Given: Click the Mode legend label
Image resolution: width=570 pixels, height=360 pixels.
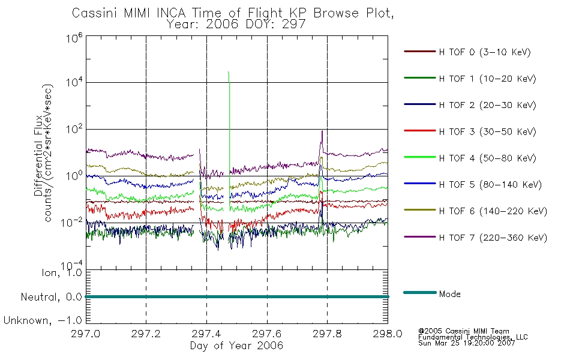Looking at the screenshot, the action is click(449, 294).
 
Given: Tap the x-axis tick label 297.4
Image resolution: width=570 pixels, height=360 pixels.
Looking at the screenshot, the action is click(206, 334).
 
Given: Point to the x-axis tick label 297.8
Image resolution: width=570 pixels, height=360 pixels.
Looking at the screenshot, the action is click(327, 334).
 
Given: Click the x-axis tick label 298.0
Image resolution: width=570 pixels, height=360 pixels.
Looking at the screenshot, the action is click(388, 334).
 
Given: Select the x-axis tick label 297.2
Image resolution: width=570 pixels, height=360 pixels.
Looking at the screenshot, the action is click(146, 334).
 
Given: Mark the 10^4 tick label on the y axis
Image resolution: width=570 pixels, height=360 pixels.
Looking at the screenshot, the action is click(74, 82).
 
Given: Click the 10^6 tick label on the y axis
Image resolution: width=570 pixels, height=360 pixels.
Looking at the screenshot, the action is click(74, 37).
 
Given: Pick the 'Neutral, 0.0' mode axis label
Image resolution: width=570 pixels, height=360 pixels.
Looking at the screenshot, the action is click(51, 297).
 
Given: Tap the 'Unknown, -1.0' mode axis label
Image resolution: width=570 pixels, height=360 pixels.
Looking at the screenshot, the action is click(43, 320).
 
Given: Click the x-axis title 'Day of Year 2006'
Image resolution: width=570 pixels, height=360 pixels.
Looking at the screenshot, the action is click(236, 346).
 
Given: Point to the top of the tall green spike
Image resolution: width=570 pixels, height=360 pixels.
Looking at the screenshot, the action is click(228, 71).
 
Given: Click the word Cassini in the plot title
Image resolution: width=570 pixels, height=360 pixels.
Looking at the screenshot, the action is click(95, 13).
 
